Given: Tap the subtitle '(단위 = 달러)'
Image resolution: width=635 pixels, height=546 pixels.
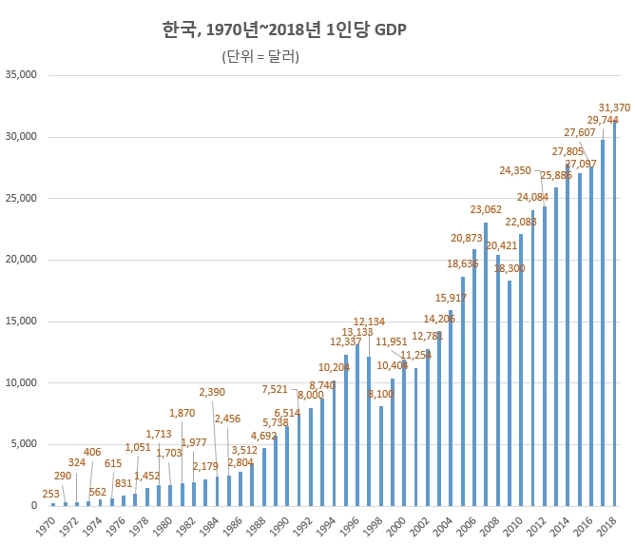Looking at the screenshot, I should pyautogui.click(x=260, y=57).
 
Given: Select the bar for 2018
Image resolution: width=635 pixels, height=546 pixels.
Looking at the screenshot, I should pyautogui.click(x=614, y=314).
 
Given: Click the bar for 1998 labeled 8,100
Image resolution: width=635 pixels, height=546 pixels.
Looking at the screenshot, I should pyautogui.click(x=381, y=456).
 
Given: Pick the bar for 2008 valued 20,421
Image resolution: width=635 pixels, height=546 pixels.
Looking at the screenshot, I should pyautogui.click(x=497, y=380).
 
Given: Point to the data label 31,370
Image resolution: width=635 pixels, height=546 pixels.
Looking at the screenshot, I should pyautogui.click(x=614, y=107).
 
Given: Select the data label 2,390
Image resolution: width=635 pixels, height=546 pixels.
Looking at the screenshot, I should pyautogui.click(x=212, y=392).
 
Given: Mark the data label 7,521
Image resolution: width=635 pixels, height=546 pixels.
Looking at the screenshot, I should pyautogui.click(x=275, y=389).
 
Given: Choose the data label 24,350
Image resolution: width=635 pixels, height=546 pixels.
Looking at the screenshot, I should pyautogui.click(x=515, y=171).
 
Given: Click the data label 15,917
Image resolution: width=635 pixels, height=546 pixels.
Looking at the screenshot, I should pyautogui.click(x=451, y=298).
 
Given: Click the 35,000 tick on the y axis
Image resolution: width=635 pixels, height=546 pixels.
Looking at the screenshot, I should pyautogui.click(x=20, y=75).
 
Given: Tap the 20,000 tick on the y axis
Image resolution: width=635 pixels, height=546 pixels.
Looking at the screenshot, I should pyautogui.click(x=20, y=260).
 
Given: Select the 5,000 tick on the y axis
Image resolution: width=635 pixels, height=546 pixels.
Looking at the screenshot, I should pyautogui.click(x=23, y=444).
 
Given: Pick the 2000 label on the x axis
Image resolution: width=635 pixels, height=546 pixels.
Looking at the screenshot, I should pyautogui.click(x=396, y=525).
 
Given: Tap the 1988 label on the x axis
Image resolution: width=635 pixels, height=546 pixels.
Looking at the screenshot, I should pyautogui.click(x=257, y=525).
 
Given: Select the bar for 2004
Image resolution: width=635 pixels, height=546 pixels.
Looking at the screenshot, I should pyautogui.click(x=451, y=408).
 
